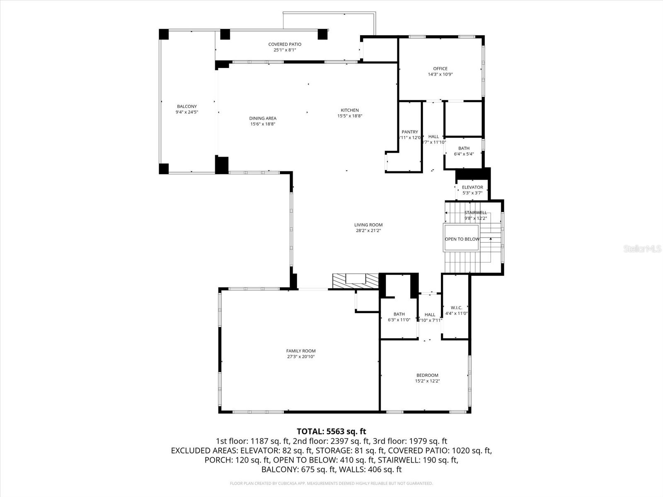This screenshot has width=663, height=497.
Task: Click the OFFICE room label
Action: click(440, 69)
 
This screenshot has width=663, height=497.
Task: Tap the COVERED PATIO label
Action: click(285, 44)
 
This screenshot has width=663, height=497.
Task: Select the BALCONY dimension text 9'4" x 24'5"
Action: click(187, 112)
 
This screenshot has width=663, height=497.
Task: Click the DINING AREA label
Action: click(263, 118)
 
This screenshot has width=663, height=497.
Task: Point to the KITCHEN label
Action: click(350, 110)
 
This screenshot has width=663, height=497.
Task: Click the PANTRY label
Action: click(409, 132)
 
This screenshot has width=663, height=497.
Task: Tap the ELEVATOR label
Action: click(472, 187)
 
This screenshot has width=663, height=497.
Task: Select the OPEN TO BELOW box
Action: click(462, 239)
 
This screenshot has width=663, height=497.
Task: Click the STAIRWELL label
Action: click(476, 212)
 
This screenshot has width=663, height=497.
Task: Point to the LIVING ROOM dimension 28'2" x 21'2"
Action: click(368, 231)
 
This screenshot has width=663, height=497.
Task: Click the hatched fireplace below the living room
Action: click(356, 281)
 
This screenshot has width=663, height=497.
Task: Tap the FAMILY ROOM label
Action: click(301, 351)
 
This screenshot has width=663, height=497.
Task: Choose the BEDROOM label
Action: click(427, 375)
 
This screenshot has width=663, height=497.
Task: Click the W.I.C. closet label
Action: click(456, 308)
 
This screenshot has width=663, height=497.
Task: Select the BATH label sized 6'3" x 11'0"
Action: click(399, 314)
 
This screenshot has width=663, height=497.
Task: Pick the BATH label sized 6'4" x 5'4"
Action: click(464, 148)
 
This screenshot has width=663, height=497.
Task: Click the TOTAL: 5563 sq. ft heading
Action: click(331, 432)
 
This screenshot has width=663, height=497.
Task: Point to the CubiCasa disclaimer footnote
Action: click(331, 483)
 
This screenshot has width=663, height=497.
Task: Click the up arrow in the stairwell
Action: click(491, 239)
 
